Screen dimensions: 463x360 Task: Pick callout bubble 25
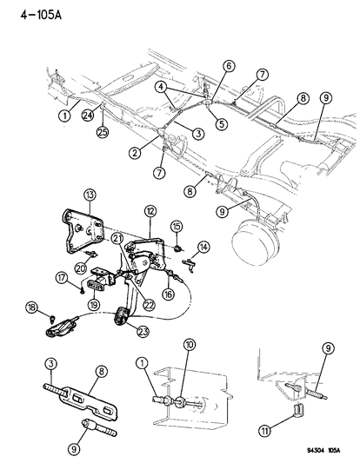(x=229, y=65)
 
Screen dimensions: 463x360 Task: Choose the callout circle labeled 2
(x=134, y=152)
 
